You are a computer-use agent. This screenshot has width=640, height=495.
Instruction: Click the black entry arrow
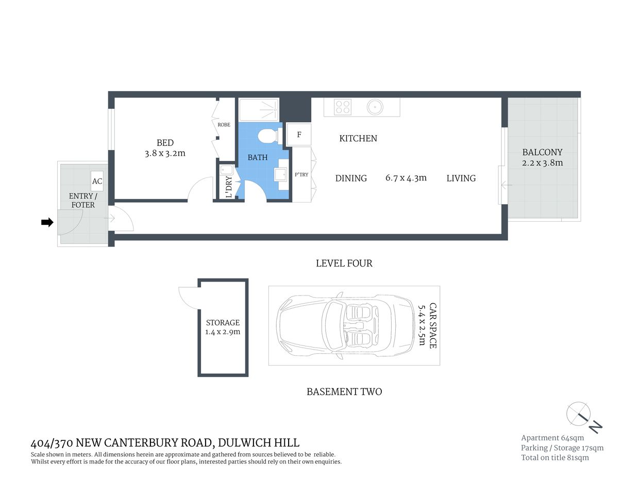[47, 222]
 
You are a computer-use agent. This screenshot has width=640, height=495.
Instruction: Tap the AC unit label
[97, 181]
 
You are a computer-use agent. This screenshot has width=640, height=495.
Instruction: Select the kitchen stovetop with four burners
[343, 107]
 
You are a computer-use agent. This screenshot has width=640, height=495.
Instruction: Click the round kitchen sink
[375, 107]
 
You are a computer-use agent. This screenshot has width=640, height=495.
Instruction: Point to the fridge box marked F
[299, 135]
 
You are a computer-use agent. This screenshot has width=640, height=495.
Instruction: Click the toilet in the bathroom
[267, 137]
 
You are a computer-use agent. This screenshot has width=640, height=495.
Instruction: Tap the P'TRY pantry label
[301, 174]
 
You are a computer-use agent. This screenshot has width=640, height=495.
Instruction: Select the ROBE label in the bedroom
[224, 125]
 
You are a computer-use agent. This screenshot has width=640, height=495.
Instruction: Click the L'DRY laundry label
[229, 187]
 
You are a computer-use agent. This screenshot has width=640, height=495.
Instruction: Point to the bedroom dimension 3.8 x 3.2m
[165, 153]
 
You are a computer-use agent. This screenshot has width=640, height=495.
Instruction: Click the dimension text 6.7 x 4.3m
[406, 178]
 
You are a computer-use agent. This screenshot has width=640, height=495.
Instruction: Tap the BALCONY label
[542, 152]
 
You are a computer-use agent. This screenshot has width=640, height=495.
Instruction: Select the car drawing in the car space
[345, 326]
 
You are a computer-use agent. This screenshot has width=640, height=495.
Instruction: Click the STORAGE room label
[223, 322]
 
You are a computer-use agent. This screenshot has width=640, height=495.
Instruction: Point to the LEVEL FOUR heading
[344, 263]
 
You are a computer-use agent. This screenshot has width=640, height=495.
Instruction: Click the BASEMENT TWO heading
[344, 391]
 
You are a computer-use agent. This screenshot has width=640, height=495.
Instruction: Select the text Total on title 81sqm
[554, 457]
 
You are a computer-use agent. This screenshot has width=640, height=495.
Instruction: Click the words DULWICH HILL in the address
[259, 442]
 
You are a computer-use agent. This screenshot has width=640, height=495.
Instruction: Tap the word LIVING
[461, 178]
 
